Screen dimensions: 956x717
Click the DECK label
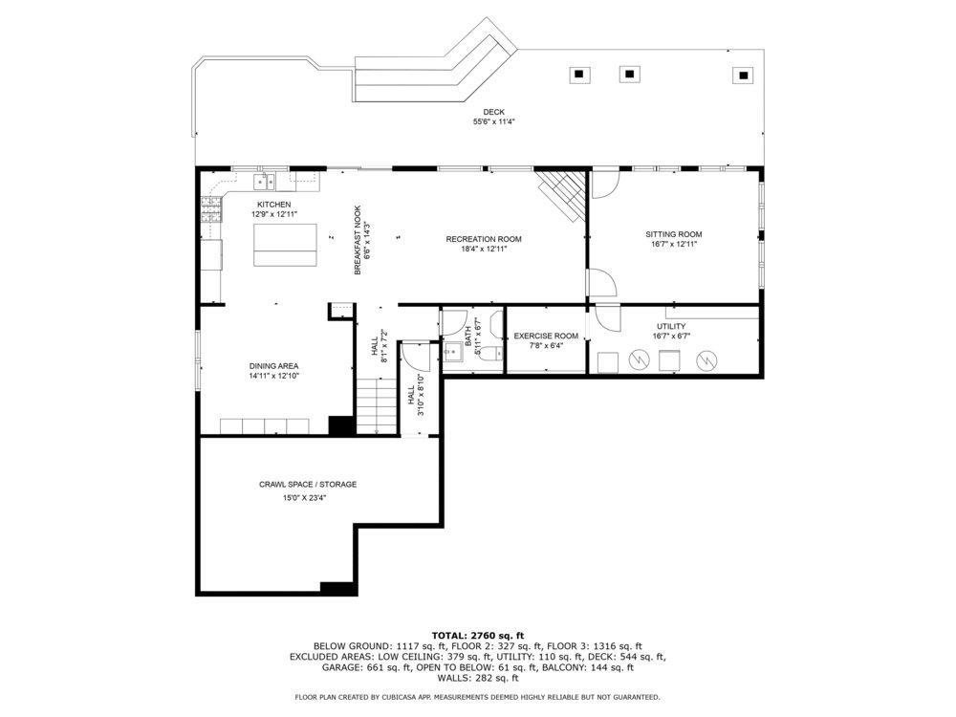click(493, 112)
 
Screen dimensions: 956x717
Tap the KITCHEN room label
click(273, 205)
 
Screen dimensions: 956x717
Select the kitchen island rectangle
click(285, 245)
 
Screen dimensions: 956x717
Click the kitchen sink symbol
click(265, 181)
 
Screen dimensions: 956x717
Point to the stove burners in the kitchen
click(211, 210)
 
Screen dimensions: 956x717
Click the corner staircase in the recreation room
click(561, 194)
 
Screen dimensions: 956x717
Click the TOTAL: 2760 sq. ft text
click(478, 636)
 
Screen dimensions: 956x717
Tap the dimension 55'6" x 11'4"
click(494, 122)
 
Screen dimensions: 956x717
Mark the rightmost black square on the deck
click(743, 75)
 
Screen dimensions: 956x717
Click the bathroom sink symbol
click(452, 352)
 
